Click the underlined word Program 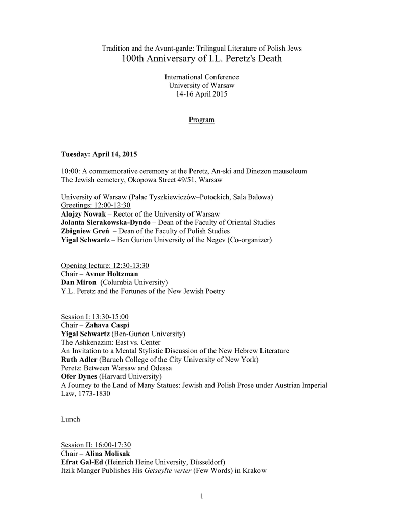tap(201, 120)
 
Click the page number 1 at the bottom tap(202, 496)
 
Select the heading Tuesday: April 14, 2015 tap(99, 154)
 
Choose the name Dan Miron tap(79, 282)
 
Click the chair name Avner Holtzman tap(111, 274)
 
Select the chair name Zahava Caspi tap(107, 325)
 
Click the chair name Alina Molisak tap(107, 454)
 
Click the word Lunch tap(70, 419)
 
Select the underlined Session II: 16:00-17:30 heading tap(96, 445)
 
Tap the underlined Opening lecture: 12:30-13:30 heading tap(105, 265)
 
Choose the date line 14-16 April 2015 tap(201, 94)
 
